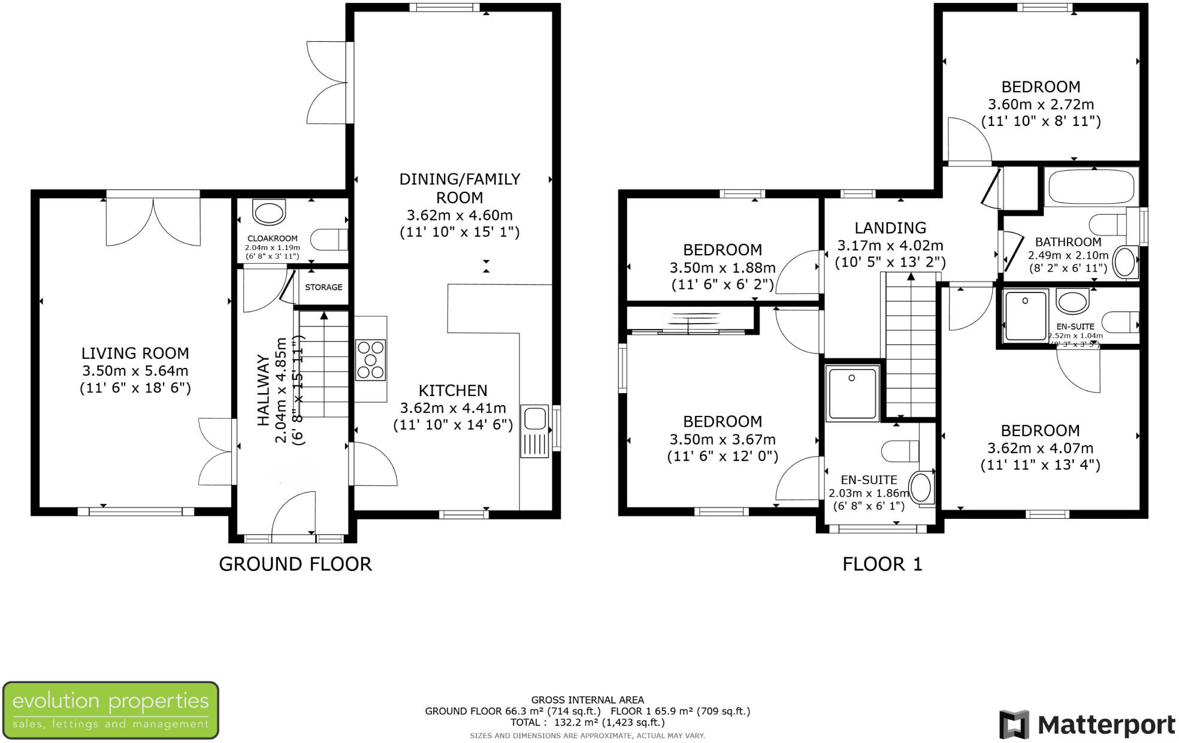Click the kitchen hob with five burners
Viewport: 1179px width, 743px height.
pos(370,360)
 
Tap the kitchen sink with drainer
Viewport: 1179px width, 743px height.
pos(534,431)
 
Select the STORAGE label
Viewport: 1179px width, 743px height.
pos(324,287)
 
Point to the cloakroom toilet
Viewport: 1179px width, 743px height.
pos(329,239)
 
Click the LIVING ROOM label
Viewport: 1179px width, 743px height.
pos(135,353)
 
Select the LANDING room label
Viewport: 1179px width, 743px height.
pos(890,228)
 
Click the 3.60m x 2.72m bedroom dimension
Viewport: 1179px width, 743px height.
pos(1041,104)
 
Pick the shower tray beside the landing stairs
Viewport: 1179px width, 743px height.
pos(852,392)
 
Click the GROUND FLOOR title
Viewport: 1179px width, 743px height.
pos(295,564)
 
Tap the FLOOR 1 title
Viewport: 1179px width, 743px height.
pos(882,564)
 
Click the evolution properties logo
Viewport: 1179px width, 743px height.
pos(110,710)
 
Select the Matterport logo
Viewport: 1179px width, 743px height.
pos(1087,725)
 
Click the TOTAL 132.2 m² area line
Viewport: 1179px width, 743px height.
pos(587,723)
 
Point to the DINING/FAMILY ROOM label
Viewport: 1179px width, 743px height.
pos(459,188)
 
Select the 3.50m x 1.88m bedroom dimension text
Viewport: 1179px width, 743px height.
pos(722,268)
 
